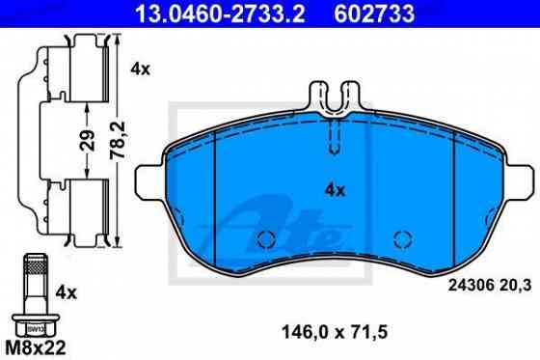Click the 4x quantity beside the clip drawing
tap(140, 69)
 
